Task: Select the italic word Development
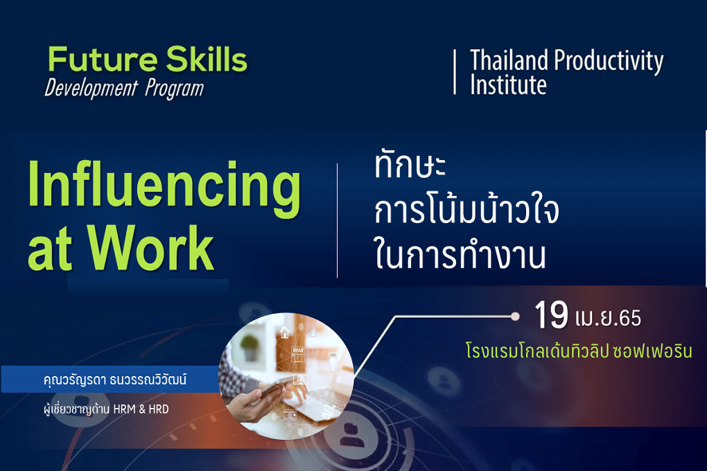[91, 89]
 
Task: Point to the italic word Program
[175, 89]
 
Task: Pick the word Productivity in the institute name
[609, 62]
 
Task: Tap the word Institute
[509, 85]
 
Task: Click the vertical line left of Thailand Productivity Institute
[455, 72]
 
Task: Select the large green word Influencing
[164, 189]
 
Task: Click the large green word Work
[150, 248]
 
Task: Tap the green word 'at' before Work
[50, 250]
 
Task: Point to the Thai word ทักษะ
[410, 165]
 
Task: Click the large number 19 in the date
[551, 315]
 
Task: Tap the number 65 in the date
[630, 318]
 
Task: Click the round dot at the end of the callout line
[515, 317]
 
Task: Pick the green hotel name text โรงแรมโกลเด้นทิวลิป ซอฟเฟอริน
[579, 350]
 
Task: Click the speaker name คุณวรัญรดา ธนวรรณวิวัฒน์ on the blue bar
[115, 380]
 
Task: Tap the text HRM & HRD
[141, 409]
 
